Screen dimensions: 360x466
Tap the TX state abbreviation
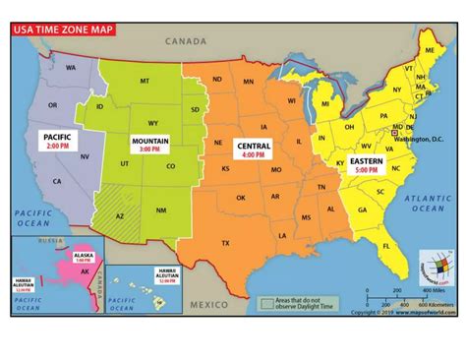click(225, 242)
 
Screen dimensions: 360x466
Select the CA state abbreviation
click(58, 181)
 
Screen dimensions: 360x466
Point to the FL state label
click(387, 245)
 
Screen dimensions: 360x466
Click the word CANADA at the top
click(186, 41)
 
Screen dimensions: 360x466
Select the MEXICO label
click(209, 305)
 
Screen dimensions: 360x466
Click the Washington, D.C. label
click(420, 140)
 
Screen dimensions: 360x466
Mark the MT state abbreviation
click(146, 81)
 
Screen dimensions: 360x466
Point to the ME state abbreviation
click(430, 49)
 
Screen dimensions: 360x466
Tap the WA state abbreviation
click(71, 68)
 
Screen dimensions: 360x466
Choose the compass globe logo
click(435, 266)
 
